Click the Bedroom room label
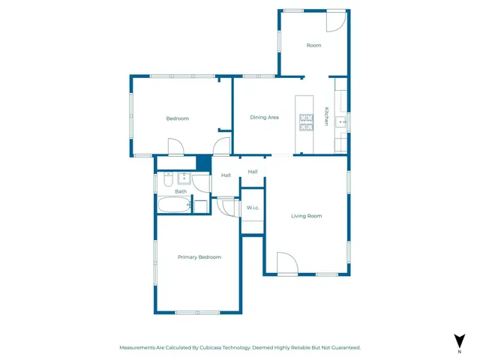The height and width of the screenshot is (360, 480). (177, 118)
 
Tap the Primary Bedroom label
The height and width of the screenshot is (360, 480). (199, 257)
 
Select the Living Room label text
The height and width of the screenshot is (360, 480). (306, 216)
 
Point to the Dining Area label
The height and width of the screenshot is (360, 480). (264, 117)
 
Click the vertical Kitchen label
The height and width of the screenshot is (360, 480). (326, 116)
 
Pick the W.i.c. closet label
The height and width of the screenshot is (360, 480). (253, 207)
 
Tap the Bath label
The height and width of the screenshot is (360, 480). (181, 191)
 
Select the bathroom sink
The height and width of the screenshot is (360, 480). (183, 178)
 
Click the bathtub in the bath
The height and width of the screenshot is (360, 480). (174, 205)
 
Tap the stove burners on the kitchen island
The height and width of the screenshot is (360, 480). (306, 122)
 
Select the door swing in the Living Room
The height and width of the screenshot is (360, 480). (287, 262)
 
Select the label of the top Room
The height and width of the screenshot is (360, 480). (313, 46)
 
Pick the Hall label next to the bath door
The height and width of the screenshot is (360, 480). (226, 175)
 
